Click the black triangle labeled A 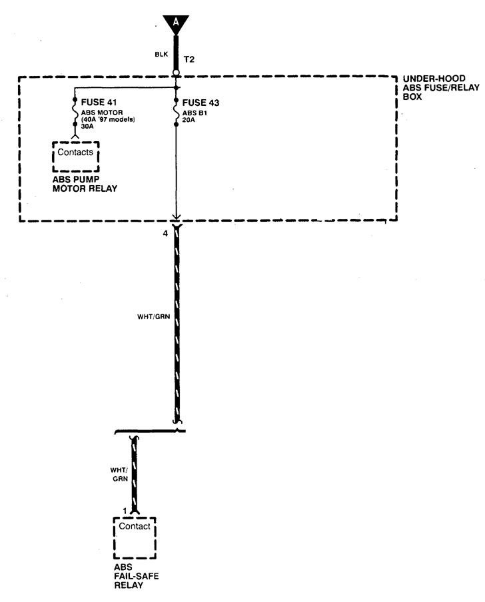tap(176, 23)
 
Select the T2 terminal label tap(189, 59)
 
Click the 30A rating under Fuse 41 tap(87, 127)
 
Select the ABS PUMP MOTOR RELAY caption tap(85, 184)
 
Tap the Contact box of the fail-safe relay tap(135, 528)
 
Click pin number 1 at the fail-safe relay tap(124, 511)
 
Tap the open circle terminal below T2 tap(176, 73)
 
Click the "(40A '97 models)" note tap(108, 120)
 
